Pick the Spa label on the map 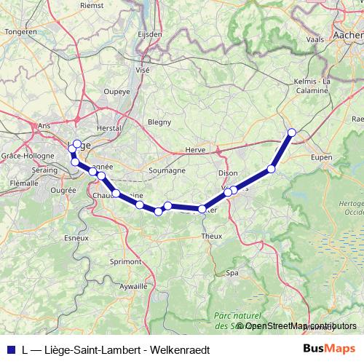pyautogui.click(x=232, y=273)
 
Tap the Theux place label pyautogui.click(x=211, y=237)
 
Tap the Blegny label pyautogui.click(x=159, y=122)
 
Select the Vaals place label pyautogui.click(x=315, y=39)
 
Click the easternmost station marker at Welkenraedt pyautogui.click(x=292, y=132)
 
